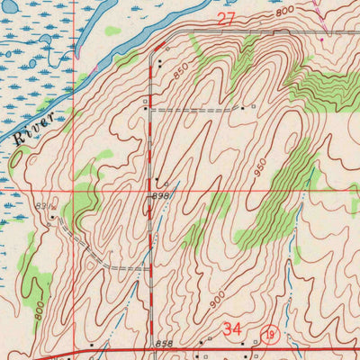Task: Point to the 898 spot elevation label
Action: coord(161,196)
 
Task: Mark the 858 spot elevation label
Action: coord(163,344)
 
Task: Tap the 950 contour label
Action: coord(261,167)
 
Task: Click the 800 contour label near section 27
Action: coord(285,12)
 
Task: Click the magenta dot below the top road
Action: coord(320,40)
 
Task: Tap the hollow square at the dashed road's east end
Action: coord(255,106)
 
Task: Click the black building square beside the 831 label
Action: coord(54,216)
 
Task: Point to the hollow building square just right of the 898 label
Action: coord(166,184)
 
